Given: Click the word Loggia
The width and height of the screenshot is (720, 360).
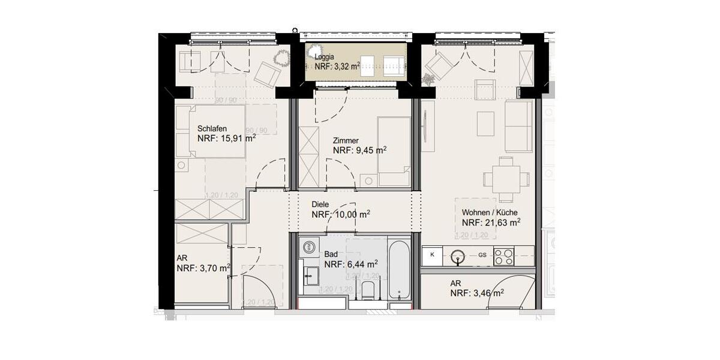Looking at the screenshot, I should pos(325,57).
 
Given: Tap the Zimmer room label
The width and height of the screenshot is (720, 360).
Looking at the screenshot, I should pos(346,140).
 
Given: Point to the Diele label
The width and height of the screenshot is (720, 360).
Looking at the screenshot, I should pos(320,204).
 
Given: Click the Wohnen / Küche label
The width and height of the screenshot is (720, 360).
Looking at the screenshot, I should pos(490,212).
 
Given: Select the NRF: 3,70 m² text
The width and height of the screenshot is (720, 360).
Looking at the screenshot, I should pos(203,268).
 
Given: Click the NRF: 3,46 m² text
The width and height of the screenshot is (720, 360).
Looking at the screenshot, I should pos(477,293).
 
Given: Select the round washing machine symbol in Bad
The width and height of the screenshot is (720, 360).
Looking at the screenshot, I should pos(309,247).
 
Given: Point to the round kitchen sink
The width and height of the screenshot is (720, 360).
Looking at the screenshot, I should pos(459,257).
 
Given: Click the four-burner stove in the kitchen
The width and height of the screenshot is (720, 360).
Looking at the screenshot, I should pos(503,257).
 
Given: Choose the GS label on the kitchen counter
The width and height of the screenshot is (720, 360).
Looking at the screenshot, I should pos(482,256).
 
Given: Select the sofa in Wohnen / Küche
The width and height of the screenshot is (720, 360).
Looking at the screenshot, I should pos(518,126).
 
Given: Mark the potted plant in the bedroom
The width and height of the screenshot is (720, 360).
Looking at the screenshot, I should pos(281,58).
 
